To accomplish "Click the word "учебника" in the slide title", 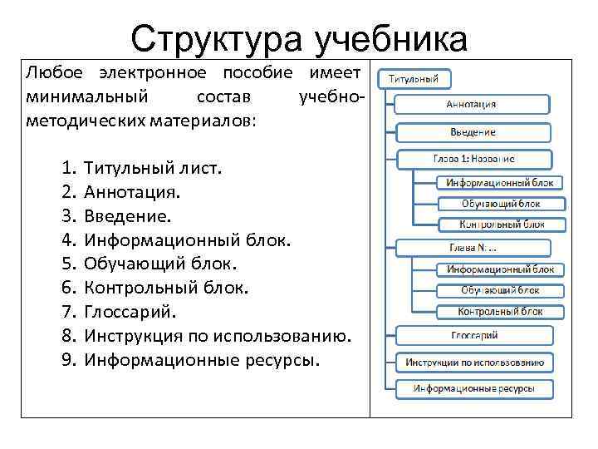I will tap(390, 38).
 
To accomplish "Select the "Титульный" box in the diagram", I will tap(414, 79).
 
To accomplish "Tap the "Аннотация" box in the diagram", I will tap(471, 104).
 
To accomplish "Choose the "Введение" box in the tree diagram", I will tap(473, 132).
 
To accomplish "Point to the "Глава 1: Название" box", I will tap(473, 159).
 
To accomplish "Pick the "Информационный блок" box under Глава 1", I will tap(500, 182).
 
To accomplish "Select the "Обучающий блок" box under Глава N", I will tap(500, 290).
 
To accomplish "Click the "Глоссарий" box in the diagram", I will tap(474, 335).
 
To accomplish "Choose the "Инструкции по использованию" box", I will tap(474, 363).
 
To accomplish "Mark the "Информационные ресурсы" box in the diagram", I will tap(474, 388).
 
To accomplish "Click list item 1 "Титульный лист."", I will tap(153, 168).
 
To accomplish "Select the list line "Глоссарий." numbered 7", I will tap(130, 313).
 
